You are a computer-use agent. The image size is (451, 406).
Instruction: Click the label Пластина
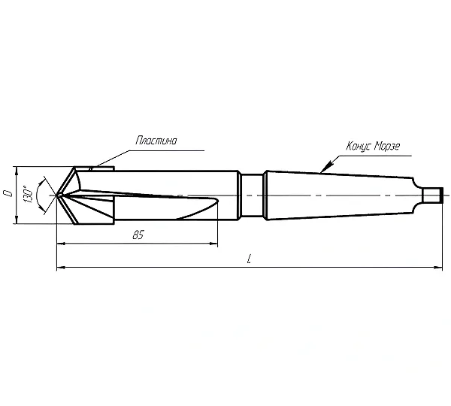(x=156, y=141)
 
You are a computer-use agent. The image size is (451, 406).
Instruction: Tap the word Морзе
(x=387, y=147)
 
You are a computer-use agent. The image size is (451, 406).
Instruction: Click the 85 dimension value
(x=138, y=235)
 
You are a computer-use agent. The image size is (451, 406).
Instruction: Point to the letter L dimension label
(x=250, y=259)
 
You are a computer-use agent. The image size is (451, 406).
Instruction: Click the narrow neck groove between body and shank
(x=252, y=195)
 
